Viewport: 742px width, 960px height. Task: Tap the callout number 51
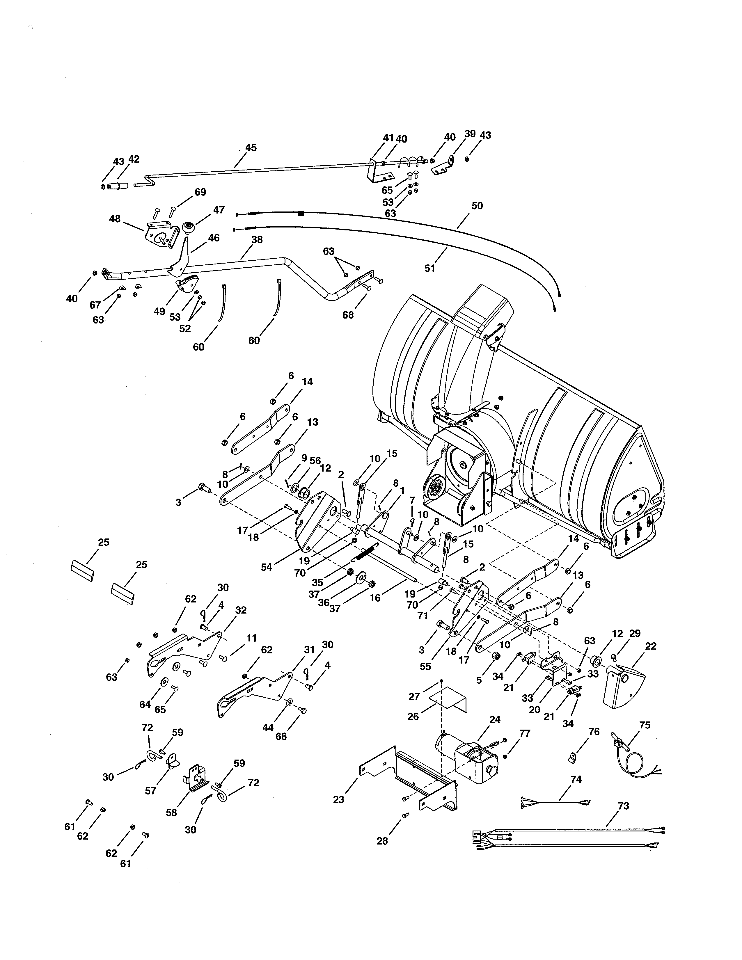429,268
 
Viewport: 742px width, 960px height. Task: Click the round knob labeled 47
189,229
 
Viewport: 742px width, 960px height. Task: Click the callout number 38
257,239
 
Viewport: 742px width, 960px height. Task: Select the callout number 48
115,218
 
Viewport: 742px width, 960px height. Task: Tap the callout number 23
338,799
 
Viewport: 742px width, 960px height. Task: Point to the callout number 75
645,725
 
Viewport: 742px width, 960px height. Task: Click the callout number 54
266,567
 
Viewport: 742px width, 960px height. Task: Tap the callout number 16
375,598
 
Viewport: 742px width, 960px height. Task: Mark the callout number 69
200,192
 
